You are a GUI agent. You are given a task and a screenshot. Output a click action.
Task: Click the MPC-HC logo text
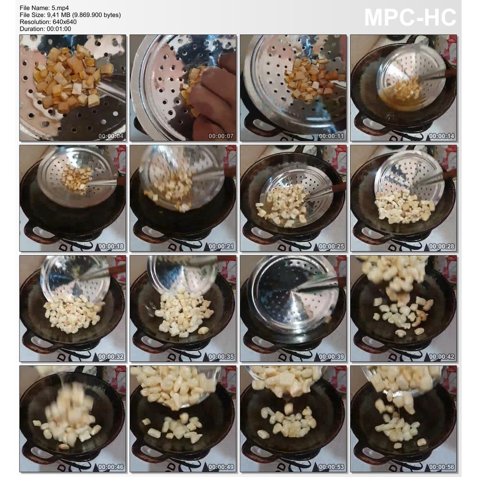[x=410, y=18]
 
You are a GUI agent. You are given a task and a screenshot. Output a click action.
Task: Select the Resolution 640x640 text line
[x=48, y=22]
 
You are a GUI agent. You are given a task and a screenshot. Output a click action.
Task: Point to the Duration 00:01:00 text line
[x=45, y=29]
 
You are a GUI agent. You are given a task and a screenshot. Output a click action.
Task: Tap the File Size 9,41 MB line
[x=70, y=15]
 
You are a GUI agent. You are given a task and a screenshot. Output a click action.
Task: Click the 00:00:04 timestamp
[x=111, y=136]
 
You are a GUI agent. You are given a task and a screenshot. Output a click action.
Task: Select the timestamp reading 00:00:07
[x=221, y=136]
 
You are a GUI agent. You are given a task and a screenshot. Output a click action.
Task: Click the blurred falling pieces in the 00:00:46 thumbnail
[x=70, y=415]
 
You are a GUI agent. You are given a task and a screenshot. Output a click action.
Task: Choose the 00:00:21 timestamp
[x=221, y=246]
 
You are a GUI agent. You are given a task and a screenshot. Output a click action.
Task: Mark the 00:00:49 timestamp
[x=221, y=467]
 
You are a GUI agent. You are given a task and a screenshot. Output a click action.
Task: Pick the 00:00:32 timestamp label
[x=111, y=357]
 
